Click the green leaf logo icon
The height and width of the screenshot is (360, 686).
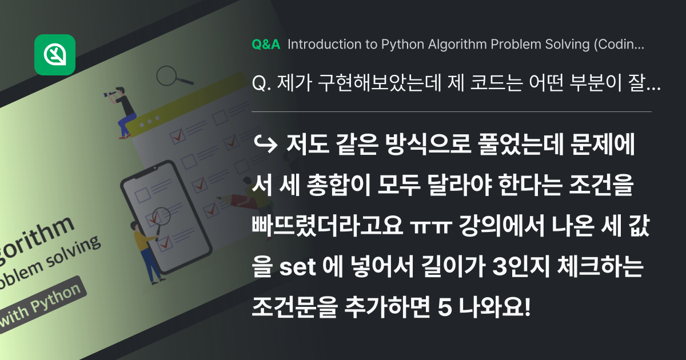click(x=55, y=55)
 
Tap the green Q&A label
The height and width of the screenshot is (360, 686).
click(x=266, y=45)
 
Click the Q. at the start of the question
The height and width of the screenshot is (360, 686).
click(x=261, y=85)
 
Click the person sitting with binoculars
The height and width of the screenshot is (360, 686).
click(x=123, y=111)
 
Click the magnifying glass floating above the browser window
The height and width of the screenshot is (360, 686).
click(x=170, y=75)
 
